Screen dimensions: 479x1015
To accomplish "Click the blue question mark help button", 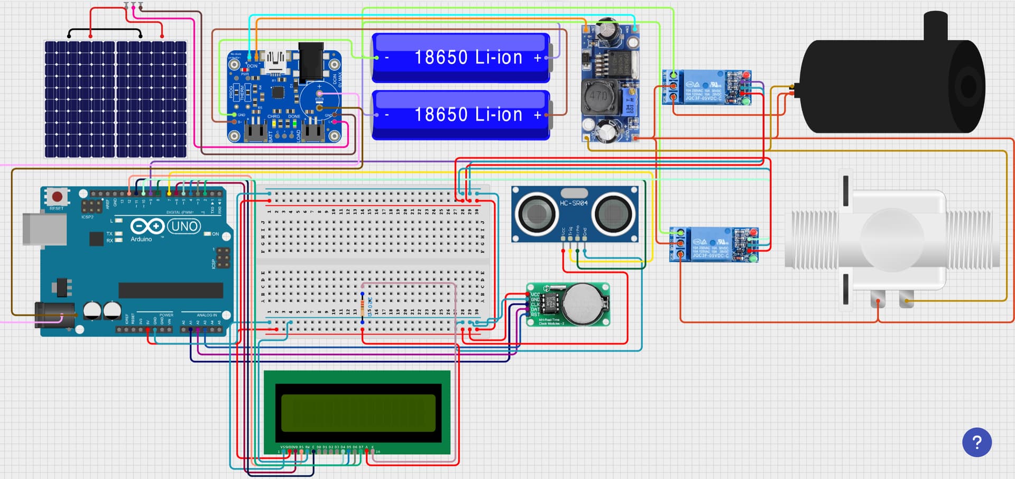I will coord(976,442).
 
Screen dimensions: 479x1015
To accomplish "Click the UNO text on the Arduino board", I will coord(184,227).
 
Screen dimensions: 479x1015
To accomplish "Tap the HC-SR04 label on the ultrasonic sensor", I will coord(574,203).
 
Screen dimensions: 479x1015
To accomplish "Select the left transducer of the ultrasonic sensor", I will coord(537,214).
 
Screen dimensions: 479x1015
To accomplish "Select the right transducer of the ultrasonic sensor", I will coord(614,214).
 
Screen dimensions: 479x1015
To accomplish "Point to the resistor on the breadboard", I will coord(363,307).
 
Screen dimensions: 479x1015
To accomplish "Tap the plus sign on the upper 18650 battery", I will coord(538,58).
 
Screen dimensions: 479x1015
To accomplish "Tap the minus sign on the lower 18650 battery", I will coord(387,115).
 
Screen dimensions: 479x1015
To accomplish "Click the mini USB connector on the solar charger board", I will coord(275,58).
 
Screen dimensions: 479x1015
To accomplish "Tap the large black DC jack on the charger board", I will coord(311,62).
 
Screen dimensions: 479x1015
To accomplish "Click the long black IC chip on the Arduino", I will coord(170,290).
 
